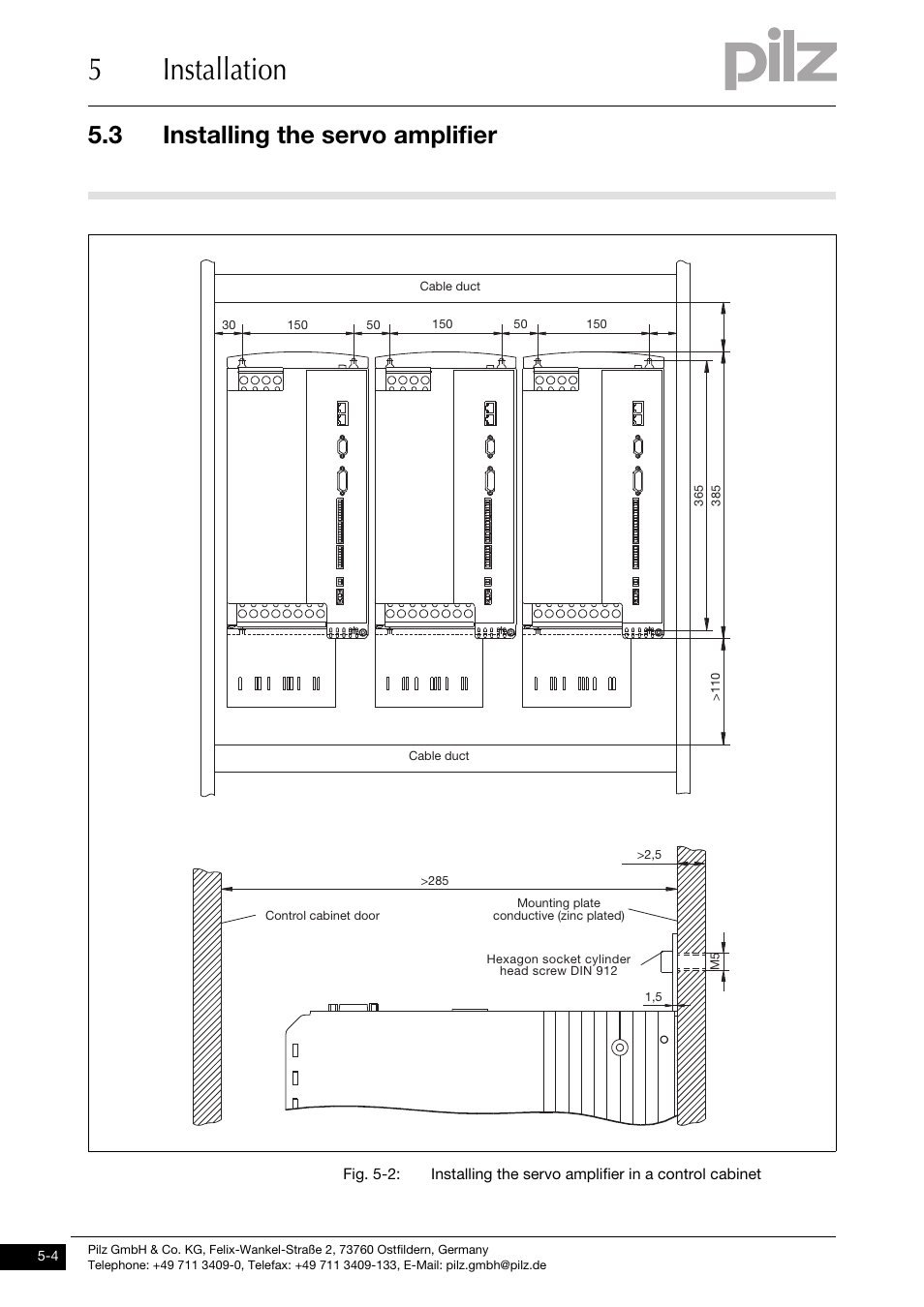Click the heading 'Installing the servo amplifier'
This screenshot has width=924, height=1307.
click(329, 136)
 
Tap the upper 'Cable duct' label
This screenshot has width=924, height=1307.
click(449, 287)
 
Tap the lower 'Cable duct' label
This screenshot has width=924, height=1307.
click(438, 756)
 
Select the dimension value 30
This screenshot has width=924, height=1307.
click(229, 325)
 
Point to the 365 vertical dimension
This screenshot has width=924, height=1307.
click(697, 495)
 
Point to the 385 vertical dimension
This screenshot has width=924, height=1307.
click(717, 495)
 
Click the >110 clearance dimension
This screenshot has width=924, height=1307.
click(717, 687)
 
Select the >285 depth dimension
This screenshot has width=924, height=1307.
click(435, 881)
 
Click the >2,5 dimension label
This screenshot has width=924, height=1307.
click(648, 855)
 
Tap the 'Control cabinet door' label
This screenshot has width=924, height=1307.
click(323, 916)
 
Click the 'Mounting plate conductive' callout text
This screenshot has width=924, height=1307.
click(558, 910)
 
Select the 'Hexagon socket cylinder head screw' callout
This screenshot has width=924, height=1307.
click(558, 965)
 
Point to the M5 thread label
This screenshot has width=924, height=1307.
click(715, 961)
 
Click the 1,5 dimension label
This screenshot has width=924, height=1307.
click(653, 997)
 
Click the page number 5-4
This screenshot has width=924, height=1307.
click(47, 1257)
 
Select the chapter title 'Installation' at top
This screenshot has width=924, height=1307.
click(225, 70)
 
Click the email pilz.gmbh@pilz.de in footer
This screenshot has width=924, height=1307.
click(496, 1265)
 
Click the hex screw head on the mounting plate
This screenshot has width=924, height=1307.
click(666, 961)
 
